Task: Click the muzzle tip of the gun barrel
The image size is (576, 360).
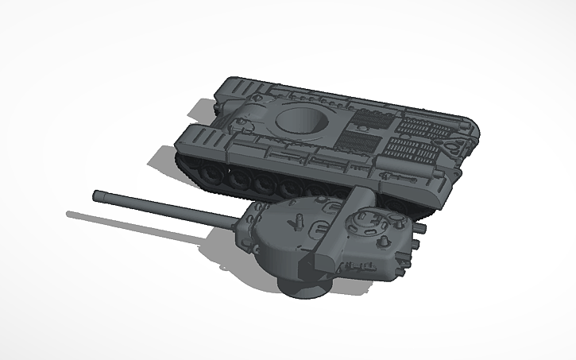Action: click(96, 194)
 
